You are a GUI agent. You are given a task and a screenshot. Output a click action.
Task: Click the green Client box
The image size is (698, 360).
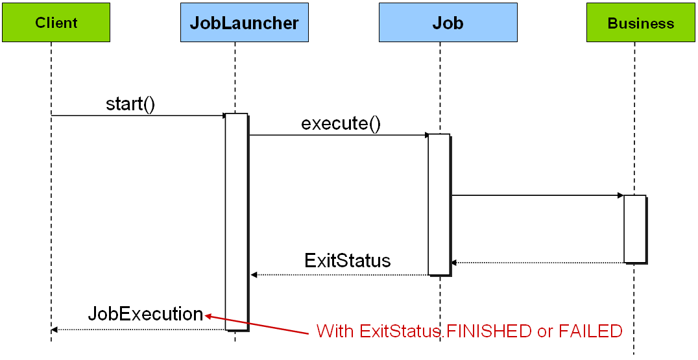[x=56, y=23]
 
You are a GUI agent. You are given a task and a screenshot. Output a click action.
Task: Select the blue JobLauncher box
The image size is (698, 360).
[x=244, y=23]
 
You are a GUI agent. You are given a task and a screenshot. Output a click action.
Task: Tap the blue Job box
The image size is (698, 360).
[x=448, y=23]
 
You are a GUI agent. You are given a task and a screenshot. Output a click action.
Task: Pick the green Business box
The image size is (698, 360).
[x=641, y=23]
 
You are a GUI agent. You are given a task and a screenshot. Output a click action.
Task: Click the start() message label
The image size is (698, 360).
[x=130, y=104]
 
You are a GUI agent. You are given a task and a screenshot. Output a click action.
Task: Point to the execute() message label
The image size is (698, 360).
[x=341, y=124]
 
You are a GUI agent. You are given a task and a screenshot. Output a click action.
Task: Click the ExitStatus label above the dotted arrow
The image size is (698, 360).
[x=348, y=261]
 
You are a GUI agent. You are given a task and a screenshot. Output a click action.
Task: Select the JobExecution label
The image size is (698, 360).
[x=145, y=314]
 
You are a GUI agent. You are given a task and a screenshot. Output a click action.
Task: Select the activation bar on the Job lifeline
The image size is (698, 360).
[x=439, y=204]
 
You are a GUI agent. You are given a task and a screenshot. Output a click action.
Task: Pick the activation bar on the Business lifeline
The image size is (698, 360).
[x=635, y=228]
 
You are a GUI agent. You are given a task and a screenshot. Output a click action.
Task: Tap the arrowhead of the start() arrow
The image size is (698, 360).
[x=224, y=115]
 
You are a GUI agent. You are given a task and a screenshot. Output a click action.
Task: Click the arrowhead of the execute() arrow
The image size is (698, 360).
[x=427, y=135]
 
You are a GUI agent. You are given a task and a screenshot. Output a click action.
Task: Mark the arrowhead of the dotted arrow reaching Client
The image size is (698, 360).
[x=54, y=330]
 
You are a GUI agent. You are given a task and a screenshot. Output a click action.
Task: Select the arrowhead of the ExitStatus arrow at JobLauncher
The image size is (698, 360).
[x=254, y=275]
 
